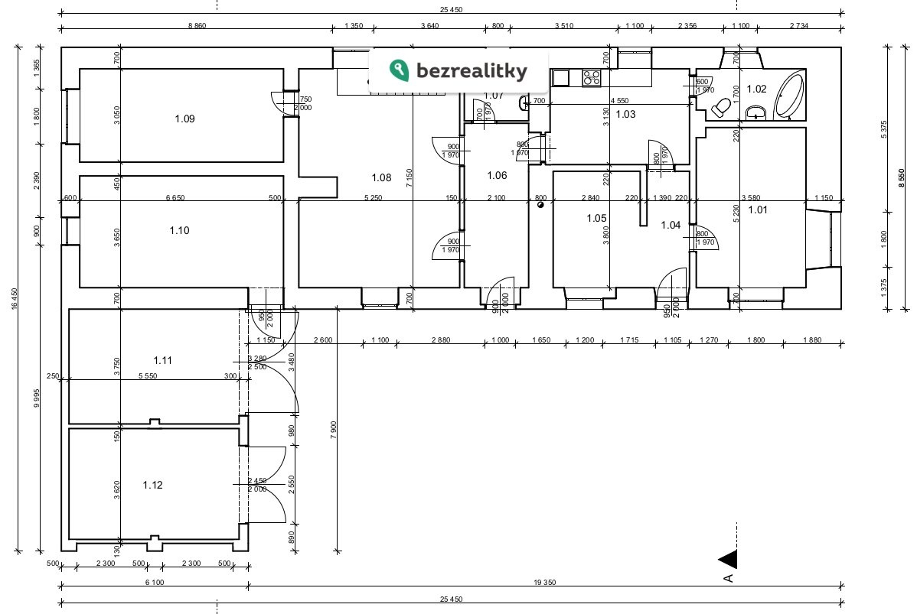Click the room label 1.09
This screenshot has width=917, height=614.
click(x=184, y=119)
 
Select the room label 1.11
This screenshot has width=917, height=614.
click(x=162, y=359)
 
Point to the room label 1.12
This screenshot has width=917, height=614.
click(x=152, y=485)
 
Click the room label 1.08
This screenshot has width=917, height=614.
click(x=381, y=177)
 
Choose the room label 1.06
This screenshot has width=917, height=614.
click(x=497, y=175)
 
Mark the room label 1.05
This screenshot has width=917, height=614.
click(x=596, y=218)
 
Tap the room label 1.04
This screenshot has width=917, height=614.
click(x=671, y=225)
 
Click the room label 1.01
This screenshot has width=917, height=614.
click(x=758, y=210)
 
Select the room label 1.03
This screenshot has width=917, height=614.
click(x=626, y=114)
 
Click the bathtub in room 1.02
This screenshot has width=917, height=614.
click(x=790, y=96)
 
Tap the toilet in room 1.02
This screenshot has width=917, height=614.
click(x=720, y=108)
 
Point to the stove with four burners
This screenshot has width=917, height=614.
click(x=592, y=77)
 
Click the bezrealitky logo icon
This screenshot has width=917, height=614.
click(x=399, y=71)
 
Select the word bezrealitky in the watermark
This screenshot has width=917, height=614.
click(x=472, y=72)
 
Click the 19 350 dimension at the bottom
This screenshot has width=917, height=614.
click(x=544, y=583)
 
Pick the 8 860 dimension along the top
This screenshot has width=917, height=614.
click(x=197, y=26)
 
